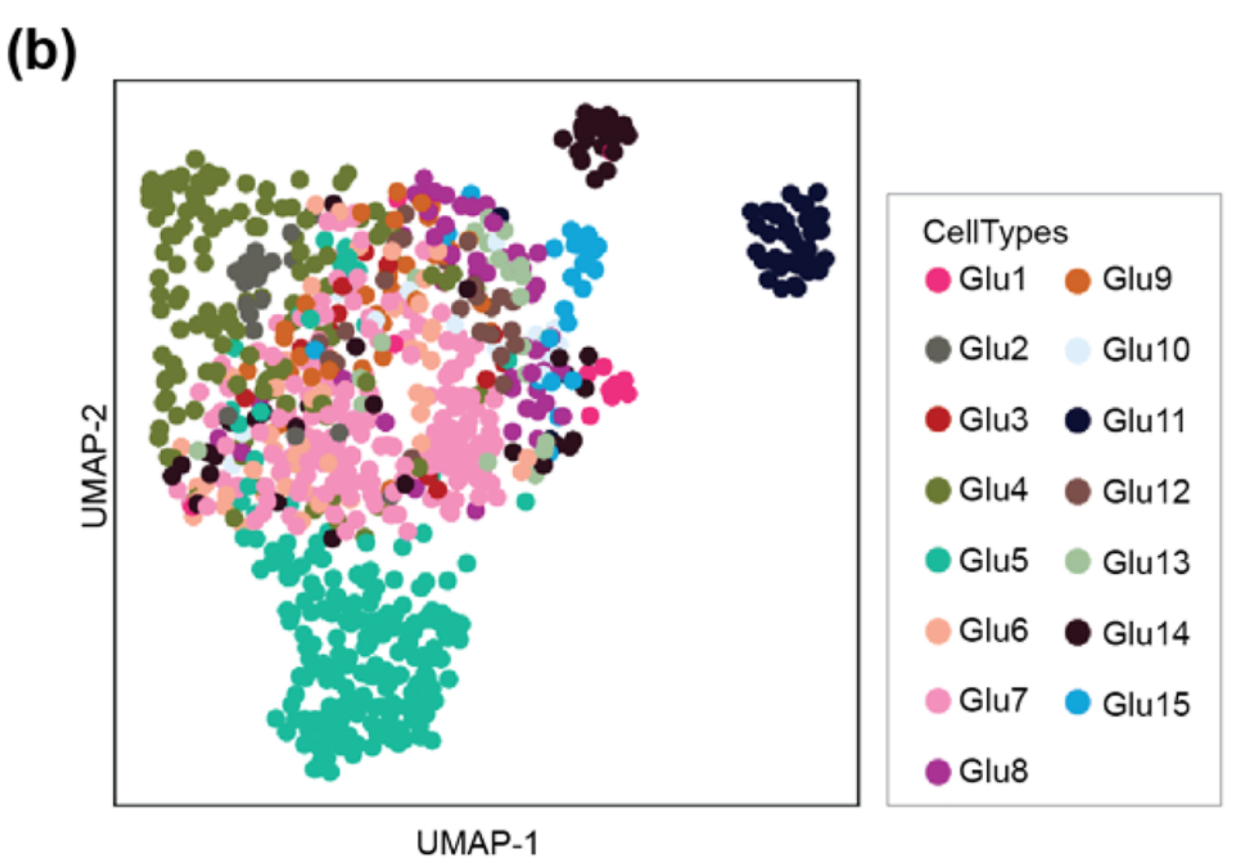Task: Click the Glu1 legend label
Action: pos(993,279)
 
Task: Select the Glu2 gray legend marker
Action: pos(938,349)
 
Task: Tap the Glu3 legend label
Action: pos(993,420)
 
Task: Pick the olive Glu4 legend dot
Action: pos(938,490)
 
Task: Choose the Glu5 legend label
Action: pos(993,560)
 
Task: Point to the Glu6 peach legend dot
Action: pos(938,630)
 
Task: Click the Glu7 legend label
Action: pos(993,701)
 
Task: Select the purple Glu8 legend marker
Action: pos(938,772)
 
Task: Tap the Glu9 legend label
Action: pos(1137,279)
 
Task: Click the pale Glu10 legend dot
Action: pos(1077,350)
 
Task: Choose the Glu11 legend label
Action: pos(1144,420)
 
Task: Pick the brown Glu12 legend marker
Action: pos(1077,491)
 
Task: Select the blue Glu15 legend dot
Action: pos(1077,703)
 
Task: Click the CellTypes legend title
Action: pos(995,232)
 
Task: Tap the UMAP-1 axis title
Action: pos(478,843)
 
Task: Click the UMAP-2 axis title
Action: pos(94,466)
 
